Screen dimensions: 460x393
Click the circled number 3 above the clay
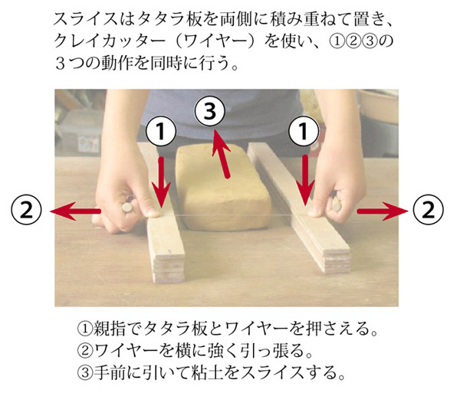click(210, 112)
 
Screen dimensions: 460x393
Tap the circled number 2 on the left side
click(26, 210)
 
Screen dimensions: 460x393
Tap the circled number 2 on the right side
click(429, 210)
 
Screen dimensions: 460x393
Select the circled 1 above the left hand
click(161, 131)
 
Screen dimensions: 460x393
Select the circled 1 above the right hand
click(304, 131)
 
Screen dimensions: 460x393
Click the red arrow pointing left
click(75, 211)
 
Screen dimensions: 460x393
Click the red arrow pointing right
click(383, 211)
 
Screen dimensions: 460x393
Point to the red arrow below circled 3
click(221, 154)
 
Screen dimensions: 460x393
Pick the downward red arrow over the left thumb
click(161, 182)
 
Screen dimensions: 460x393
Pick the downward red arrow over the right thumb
click(305, 180)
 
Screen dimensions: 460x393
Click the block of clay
click(223, 188)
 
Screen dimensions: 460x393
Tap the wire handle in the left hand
click(127, 208)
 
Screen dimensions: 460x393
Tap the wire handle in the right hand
click(337, 203)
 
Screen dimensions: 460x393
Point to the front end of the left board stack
click(169, 268)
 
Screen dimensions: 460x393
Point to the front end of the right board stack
click(337, 260)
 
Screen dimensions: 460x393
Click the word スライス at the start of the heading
click(87, 20)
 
